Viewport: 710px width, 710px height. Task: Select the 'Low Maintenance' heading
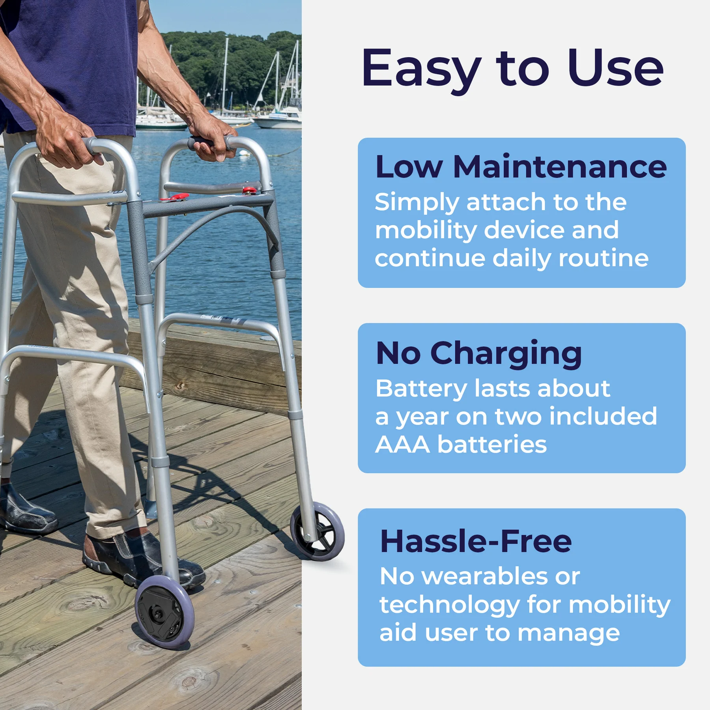(521, 167)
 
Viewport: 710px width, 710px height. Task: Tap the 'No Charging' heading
(478, 354)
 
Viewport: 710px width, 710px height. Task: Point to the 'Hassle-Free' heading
(476, 541)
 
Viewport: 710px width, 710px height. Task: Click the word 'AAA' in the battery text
(402, 445)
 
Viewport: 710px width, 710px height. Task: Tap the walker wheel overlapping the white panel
(318, 531)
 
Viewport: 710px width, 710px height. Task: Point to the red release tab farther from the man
(249, 191)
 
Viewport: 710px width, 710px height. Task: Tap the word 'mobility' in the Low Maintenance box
(426, 230)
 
